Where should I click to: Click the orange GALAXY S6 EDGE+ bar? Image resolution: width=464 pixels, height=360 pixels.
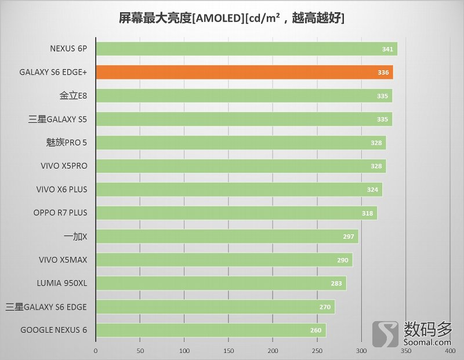(x=244, y=72)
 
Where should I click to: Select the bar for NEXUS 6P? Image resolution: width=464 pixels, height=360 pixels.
(x=246, y=49)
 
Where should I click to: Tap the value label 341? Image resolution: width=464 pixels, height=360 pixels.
(x=387, y=49)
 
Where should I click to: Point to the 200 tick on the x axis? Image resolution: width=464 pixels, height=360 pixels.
(x=273, y=351)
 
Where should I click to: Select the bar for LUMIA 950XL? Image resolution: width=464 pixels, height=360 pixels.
(x=220, y=283)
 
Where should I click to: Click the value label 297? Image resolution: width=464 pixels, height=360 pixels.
(x=349, y=237)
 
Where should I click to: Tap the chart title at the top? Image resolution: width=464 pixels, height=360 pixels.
(x=231, y=18)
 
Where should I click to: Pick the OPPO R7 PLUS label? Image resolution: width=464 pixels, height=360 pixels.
(x=60, y=213)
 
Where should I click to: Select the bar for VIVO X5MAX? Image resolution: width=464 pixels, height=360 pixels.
(x=223, y=260)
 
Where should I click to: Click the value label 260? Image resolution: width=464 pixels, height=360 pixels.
(x=316, y=330)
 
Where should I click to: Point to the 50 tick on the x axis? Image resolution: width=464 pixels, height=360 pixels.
(x=140, y=351)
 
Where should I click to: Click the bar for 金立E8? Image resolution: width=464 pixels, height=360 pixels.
(x=244, y=96)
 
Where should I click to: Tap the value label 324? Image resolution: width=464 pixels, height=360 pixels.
(x=372, y=190)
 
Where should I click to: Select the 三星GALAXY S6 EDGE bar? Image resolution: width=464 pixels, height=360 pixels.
(x=215, y=307)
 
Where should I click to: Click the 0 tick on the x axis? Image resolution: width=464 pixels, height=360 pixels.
(x=96, y=351)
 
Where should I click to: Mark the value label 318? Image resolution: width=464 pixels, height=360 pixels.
(x=367, y=213)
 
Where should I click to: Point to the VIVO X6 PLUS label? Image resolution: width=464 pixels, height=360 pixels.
(x=61, y=190)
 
